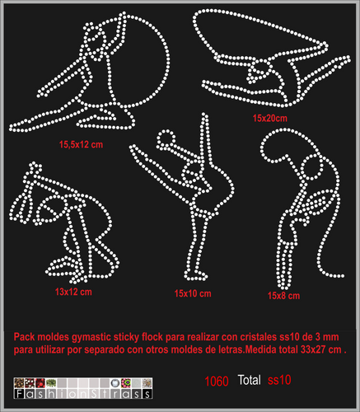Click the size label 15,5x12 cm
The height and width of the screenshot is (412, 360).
pos(81,144)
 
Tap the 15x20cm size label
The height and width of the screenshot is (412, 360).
pos(270,118)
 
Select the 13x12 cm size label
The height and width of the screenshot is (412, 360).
pos(73,292)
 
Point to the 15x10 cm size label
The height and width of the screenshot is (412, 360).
pos(193,293)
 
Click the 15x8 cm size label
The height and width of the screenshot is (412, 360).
pos(283,296)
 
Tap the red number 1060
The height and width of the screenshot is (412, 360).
pos(217,382)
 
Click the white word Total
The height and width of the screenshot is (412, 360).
pos(250,380)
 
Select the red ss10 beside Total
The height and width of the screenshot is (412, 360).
pos(279,380)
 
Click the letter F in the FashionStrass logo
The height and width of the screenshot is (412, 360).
pos(19,394)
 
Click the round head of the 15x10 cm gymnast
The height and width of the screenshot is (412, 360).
pos(166,137)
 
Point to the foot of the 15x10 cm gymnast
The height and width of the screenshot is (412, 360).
pos(195,275)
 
